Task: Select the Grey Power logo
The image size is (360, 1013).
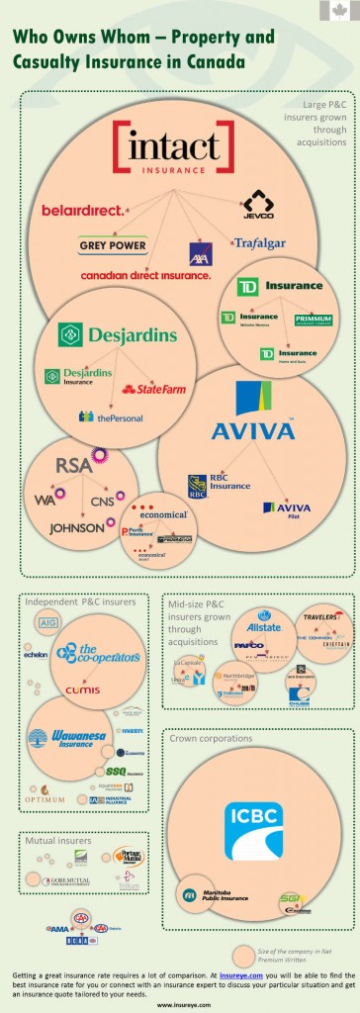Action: coord(112,244)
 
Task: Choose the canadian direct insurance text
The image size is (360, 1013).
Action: coord(145,274)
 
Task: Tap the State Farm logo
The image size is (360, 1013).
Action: coord(153,389)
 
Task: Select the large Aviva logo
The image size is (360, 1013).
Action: coord(253,415)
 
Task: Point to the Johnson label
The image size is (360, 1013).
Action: coord(75,527)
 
